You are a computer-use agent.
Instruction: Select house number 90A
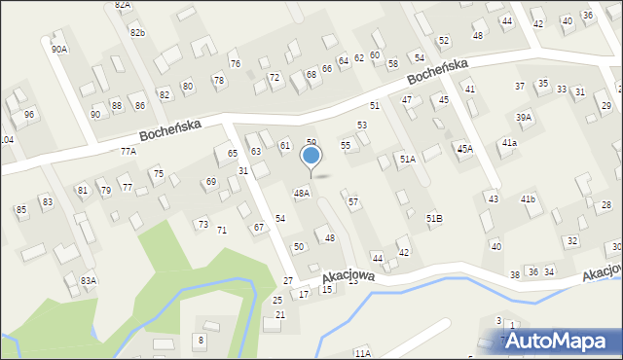pos(60,49)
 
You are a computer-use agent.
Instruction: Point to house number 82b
pos(137,33)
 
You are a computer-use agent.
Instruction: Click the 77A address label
pos(128,152)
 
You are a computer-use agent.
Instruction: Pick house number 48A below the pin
pos(302,194)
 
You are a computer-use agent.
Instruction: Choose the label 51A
pos(407,159)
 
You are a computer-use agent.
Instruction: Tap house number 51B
pos(434,219)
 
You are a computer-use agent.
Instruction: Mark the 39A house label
pos(524,118)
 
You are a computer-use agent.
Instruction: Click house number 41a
pos(509,143)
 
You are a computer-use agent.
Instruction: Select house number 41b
pos(528,198)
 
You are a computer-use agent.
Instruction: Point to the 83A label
pos(89,280)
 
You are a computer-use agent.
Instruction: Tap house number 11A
pos(362,353)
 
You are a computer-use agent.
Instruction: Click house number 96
pos(30,115)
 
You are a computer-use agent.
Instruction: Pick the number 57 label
pos(353,202)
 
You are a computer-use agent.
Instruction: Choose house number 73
pos(202,225)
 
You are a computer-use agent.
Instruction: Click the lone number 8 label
pos(201,340)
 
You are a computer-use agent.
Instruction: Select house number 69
pos(210,182)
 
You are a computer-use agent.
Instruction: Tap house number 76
pos(235,64)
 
